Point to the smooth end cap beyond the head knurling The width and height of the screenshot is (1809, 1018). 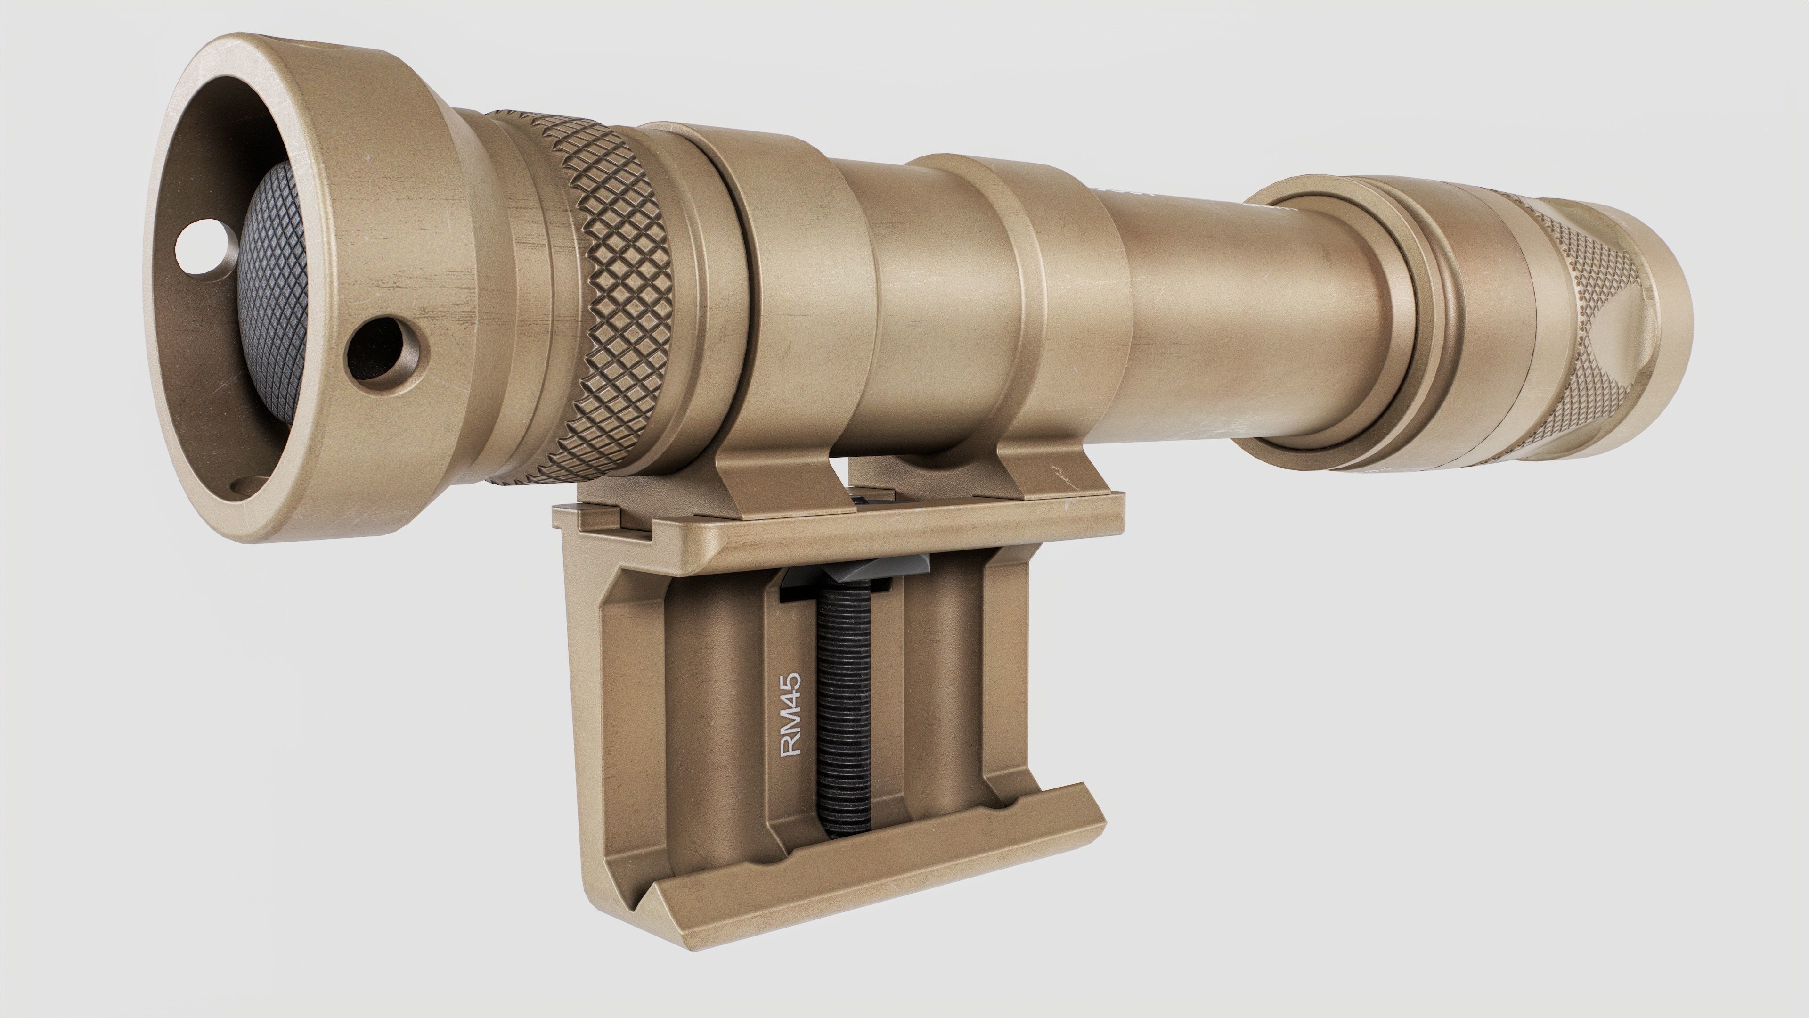click(x=1664, y=295)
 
